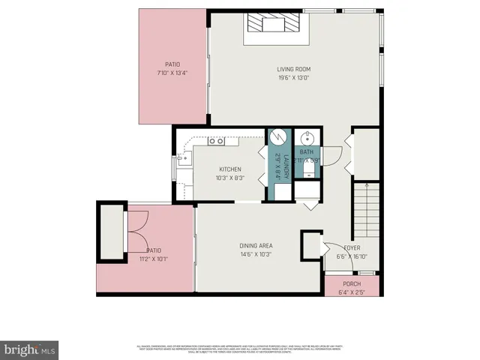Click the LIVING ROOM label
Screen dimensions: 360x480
(x=294, y=70)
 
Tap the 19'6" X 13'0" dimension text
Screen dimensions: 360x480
(x=294, y=77)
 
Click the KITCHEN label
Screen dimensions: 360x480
(x=230, y=169)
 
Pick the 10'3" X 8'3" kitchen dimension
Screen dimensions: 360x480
(x=230, y=178)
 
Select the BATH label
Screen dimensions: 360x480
(x=307, y=152)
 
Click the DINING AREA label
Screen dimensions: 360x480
(x=256, y=246)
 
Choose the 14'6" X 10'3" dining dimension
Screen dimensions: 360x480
(x=256, y=254)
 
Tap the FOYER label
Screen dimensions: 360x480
(x=352, y=247)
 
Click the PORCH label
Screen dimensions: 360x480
(x=352, y=284)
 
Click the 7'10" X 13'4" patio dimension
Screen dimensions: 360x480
(x=173, y=73)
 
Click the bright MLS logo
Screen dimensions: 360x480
(x=30, y=349)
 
